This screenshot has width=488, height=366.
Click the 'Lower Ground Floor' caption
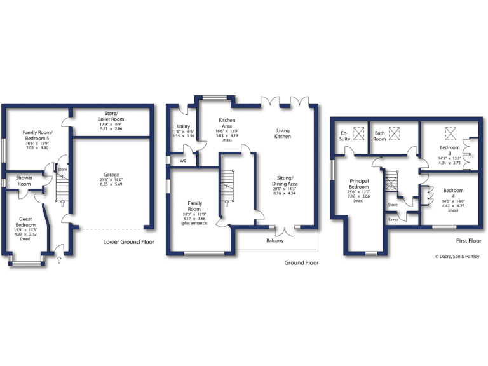click(x=129, y=242)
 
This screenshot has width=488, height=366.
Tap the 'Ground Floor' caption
click(x=302, y=262)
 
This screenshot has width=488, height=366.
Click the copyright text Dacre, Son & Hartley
click(x=454, y=257)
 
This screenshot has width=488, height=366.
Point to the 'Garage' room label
click(x=111, y=175)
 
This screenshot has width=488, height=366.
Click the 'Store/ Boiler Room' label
click(x=111, y=116)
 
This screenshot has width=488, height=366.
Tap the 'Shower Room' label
click(x=25, y=181)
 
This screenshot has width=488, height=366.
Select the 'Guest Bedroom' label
click(x=25, y=222)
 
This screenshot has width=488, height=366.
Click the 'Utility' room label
click(x=184, y=126)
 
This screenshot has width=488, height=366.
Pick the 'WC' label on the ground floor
click(x=183, y=161)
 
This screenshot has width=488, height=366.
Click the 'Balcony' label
click(x=274, y=240)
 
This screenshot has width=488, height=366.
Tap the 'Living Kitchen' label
click(x=282, y=133)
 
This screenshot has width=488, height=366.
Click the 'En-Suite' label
click(x=345, y=135)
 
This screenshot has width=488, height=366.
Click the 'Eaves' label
click(x=393, y=219)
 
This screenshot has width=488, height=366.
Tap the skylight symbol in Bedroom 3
click(x=452, y=133)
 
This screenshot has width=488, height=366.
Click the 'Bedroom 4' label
click(x=453, y=193)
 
